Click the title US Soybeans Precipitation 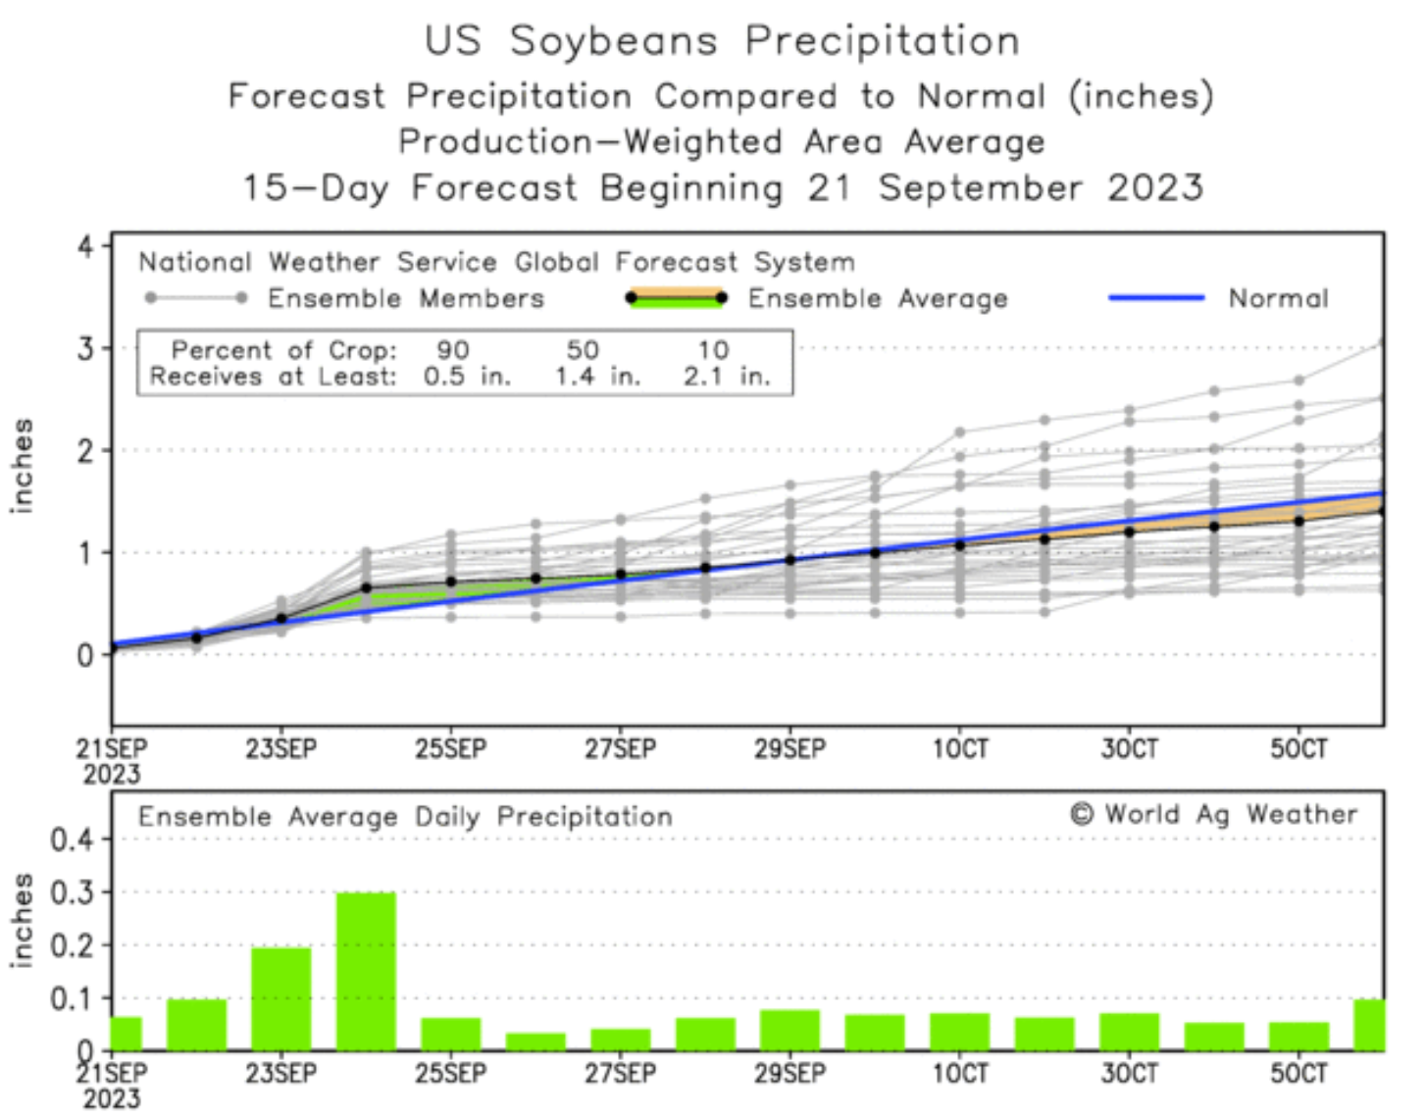coord(722,41)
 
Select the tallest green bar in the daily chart coord(366,970)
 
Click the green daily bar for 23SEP coord(280,997)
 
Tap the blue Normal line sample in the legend coord(1156,298)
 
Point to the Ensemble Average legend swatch coord(677,298)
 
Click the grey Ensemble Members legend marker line coord(196,298)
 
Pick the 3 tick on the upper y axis coord(87,349)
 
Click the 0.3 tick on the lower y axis coord(72,892)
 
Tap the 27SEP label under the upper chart coord(620,750)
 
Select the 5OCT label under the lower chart coord(1299,1074)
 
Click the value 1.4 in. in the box coord(596,377)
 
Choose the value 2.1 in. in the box coord(726,377)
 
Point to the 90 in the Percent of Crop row coord(453,350)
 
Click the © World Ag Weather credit coord(1214,815)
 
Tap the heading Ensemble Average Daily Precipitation coord(405,817)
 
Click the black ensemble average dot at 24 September coord(366,588)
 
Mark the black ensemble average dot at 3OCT coord(1129,532)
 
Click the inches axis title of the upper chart coord(22,466)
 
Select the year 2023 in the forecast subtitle coord(1154,187)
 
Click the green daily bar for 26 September coord(535,1041)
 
